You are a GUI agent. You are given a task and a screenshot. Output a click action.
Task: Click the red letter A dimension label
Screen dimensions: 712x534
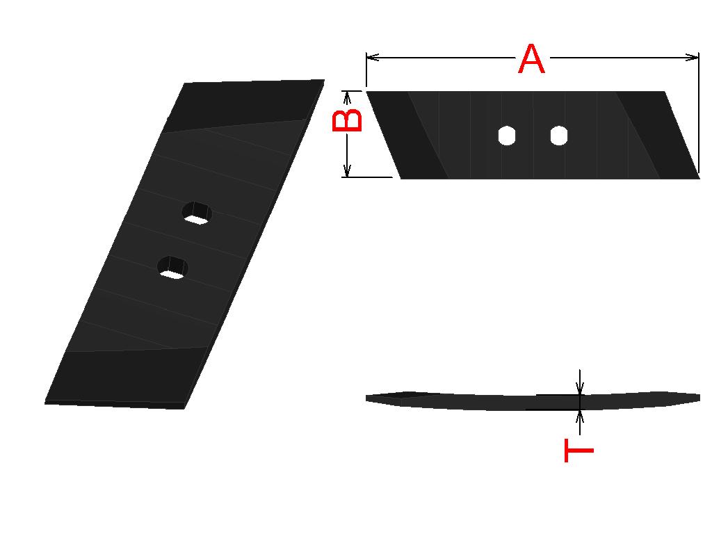pyautogui.click(x=531, y=59)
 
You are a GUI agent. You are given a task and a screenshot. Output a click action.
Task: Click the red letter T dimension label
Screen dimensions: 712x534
pyautogui.click(x=579, y=451)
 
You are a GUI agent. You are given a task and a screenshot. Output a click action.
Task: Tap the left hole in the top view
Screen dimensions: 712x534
pyautogui.click(x=507, y=136)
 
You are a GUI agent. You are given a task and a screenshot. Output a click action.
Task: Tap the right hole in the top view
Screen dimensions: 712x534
pyautogui.click(x=559, y=136)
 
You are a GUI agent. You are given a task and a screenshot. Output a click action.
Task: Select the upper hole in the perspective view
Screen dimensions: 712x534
pyautogui.click(x=197, y=213)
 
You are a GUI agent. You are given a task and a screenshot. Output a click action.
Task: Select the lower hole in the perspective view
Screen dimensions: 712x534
pyautogui.click(x=173, y=268)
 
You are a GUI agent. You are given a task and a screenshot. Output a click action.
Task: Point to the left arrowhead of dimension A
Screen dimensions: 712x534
pyautogui.click(x=373, y=57)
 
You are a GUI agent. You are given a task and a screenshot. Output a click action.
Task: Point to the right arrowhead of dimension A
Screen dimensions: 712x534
pyautogui.click(x=692, y=57)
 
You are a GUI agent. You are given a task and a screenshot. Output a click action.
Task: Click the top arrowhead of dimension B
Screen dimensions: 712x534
pyautogui.click(x=347, y=97)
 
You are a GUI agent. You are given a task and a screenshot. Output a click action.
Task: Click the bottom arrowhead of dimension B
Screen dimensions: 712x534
pyautogui.click(x=347, y=170)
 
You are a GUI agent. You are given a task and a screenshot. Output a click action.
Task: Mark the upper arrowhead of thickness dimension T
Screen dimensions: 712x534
pyautogui.click(x=579, y=388)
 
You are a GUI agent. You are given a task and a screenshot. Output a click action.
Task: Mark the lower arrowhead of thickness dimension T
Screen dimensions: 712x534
pyautogui.click(x=579, y=417)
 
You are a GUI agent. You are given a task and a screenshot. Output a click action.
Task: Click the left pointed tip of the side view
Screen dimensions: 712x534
pyautogui.click(x=366, y=398)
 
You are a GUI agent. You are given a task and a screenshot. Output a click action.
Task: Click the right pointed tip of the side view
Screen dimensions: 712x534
pyautogui.click(x=699, y=398)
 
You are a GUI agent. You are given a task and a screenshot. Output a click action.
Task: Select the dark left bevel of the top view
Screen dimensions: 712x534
pyautogui.click(x=406, y=135)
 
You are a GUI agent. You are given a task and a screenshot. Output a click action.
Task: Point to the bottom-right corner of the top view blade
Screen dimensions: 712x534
pyautogui.click(x=699, y=179)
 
